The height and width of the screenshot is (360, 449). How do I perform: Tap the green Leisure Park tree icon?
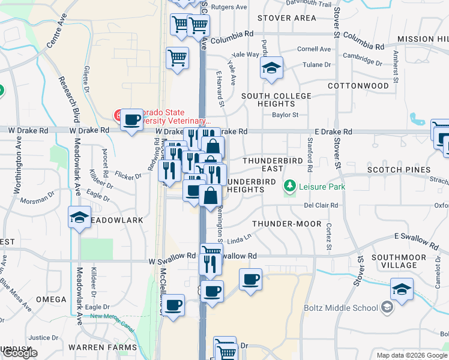(x=291, y=186)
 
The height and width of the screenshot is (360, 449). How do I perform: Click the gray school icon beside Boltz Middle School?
(x=387, y=308)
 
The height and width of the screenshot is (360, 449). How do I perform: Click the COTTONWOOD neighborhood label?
(x=358, y=86)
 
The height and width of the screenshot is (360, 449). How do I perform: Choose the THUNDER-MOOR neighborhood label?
(x=284, y=223)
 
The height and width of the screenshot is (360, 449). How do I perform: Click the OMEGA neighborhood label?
(x=52, y=299)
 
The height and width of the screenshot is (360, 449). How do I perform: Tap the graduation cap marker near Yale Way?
(x=271, y=68)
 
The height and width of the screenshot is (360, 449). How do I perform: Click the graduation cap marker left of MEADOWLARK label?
(x=79, y=218)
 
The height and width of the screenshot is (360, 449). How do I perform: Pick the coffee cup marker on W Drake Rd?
(x=131, y=119)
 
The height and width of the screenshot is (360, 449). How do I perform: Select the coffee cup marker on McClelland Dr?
(x=173, y=305)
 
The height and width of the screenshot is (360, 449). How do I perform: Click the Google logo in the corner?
(x=20, y=353)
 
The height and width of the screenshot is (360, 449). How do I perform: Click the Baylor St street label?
(x=285, y=115)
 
